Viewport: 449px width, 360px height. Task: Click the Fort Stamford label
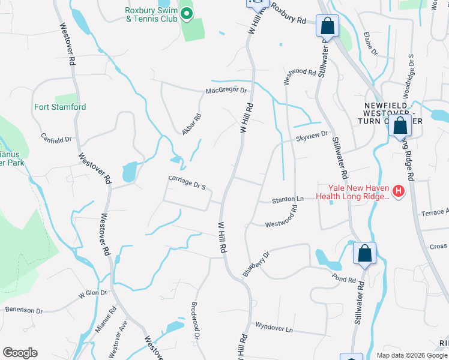pyautogui.click(x=60, y=107)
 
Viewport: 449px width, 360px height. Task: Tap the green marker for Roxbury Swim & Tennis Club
pyautogui.click(x=186, y=13)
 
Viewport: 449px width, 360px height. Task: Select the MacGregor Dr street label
pyautogui.click(x=226, y=91)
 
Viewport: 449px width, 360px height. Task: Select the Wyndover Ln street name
pyautogui.click(x=274, y=329)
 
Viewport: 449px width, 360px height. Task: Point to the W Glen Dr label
pyautogui.click(x=92, y=293)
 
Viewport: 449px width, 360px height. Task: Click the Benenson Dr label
pyautogui.click(x=24, y=311)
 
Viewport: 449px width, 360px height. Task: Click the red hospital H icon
pyautogui.click(x=399, y=193)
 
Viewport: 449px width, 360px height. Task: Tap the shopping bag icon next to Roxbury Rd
pyautogui.click(x=327, y=26)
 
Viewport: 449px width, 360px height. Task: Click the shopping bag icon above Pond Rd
pyautogui.click(x=364, y=254)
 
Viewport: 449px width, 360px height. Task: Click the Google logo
pyautogui.click(x=20, y=353)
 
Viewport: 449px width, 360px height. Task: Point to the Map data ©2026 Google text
pyautogui.click(x=412, y=355)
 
